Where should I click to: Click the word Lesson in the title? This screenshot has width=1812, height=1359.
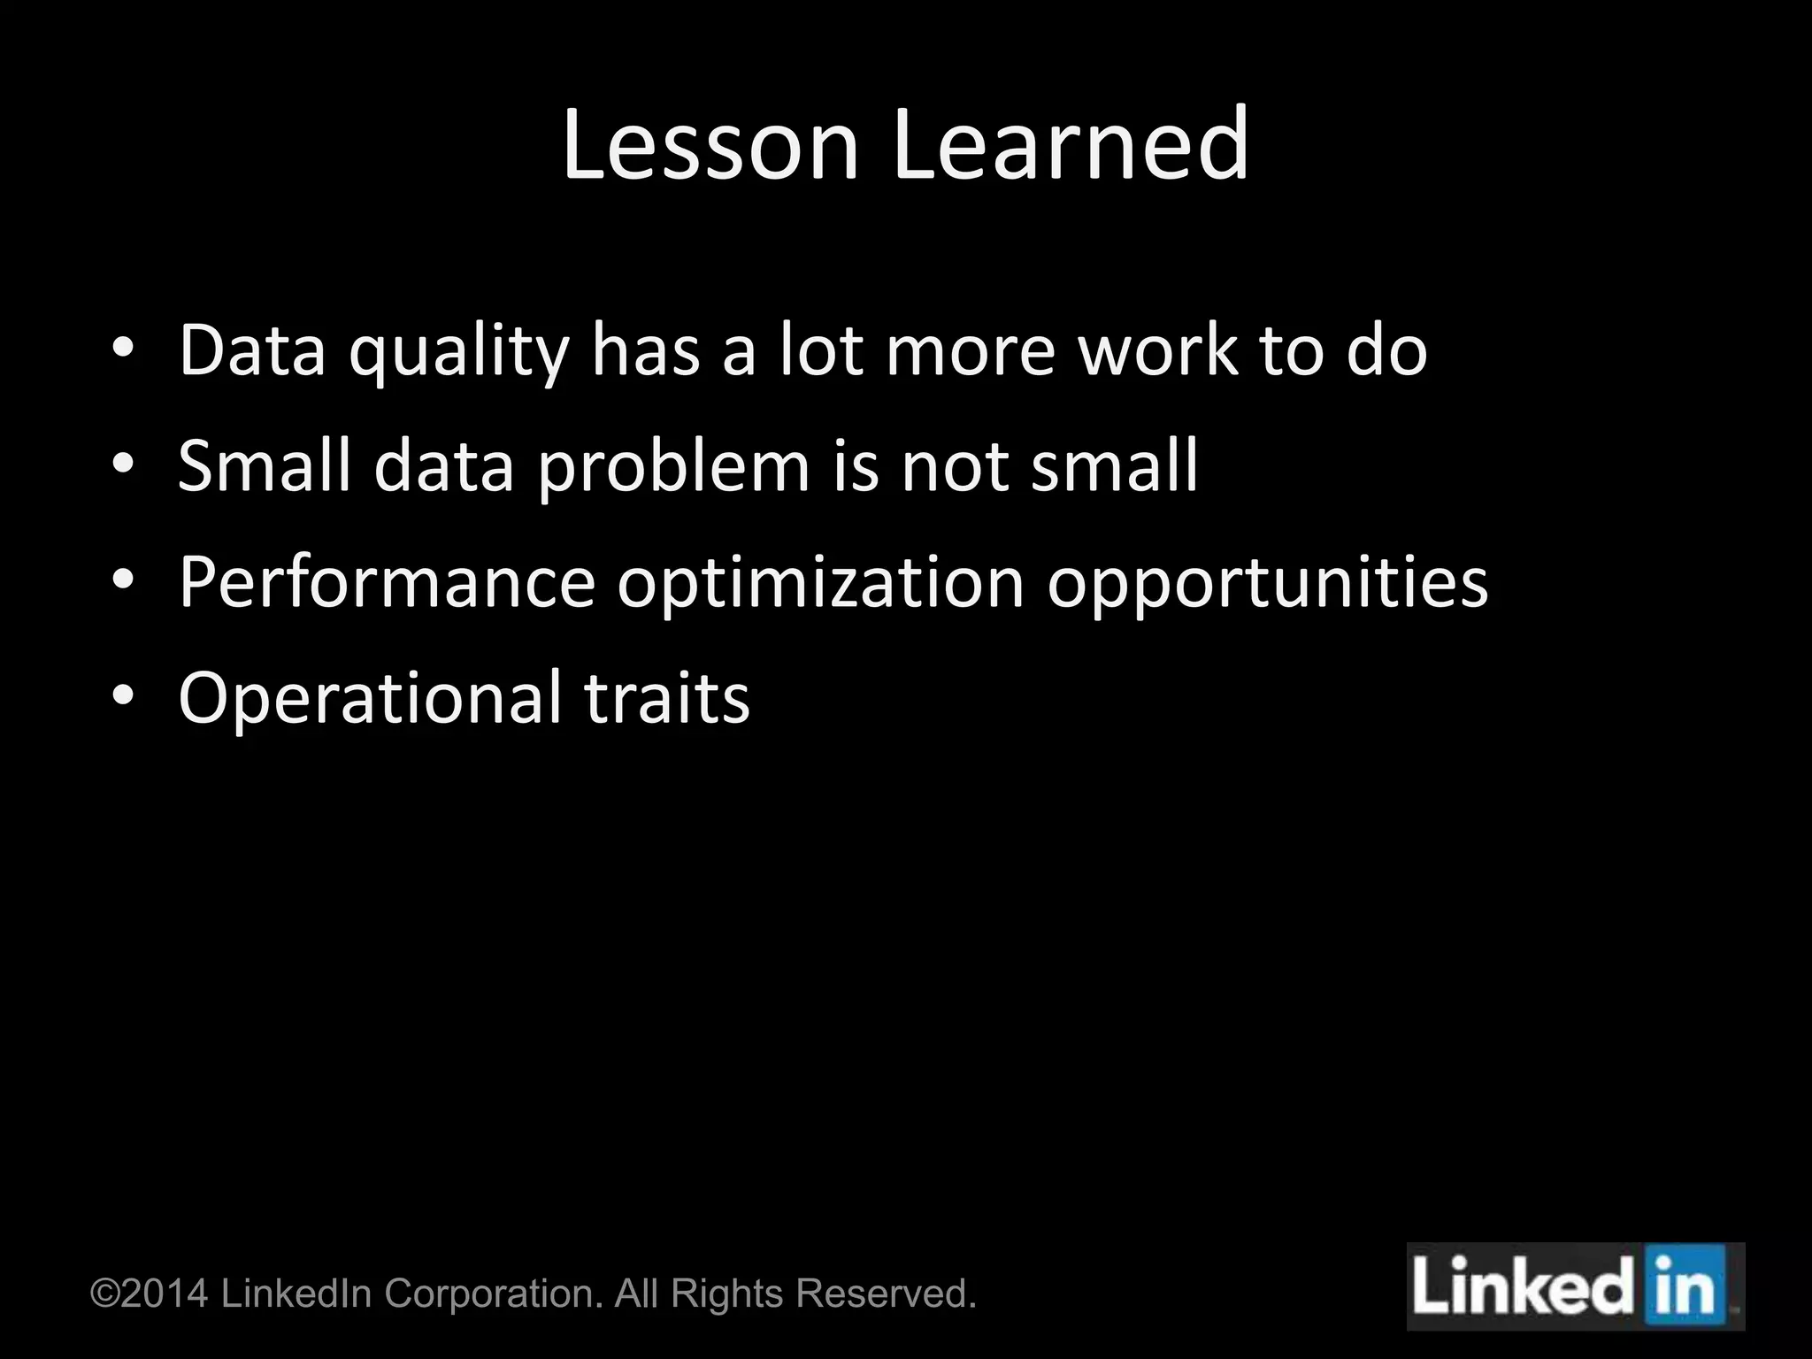[x=710, y=145]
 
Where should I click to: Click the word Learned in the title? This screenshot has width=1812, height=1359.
[x=1071, y=145]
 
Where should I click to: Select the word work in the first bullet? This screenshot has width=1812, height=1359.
[x=1158, y=350]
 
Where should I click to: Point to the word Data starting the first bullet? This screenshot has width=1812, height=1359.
[x=252, y=350]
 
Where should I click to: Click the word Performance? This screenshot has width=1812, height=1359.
[x=387, y=583]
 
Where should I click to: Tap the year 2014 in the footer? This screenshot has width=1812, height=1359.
[x=165, y=1294]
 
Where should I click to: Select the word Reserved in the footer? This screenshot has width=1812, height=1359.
[x=886, y=1294]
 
